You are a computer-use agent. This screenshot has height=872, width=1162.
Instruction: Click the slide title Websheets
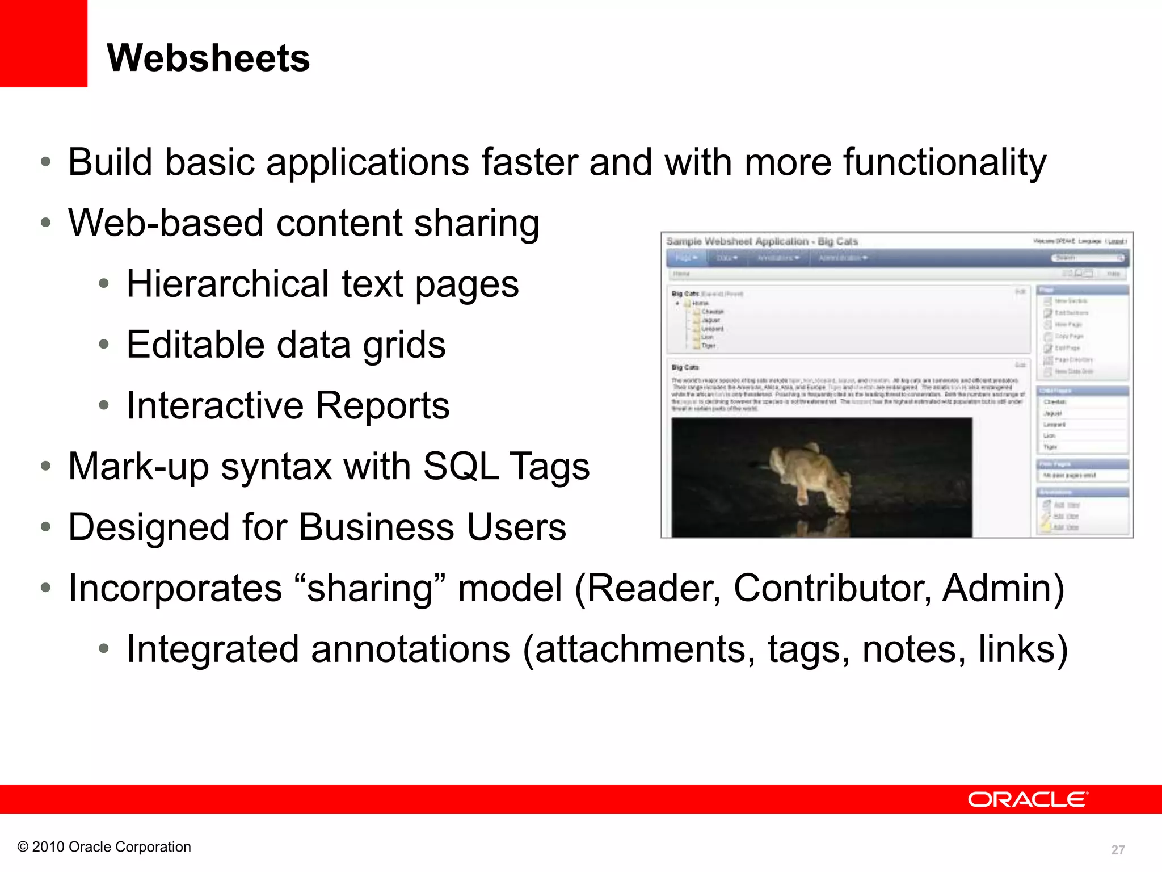[x=208, y=58]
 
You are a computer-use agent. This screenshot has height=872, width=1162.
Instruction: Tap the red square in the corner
[x=43, y=43]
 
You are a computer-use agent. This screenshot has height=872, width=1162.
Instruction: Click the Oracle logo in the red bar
[x=1028, y=799]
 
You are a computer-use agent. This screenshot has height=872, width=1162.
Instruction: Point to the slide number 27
[x=1118, y=850]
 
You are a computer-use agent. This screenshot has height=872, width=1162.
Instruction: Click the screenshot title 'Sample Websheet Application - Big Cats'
[x=762, y=241]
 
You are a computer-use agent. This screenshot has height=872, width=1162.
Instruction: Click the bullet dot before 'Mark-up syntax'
[x=46, y=467]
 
